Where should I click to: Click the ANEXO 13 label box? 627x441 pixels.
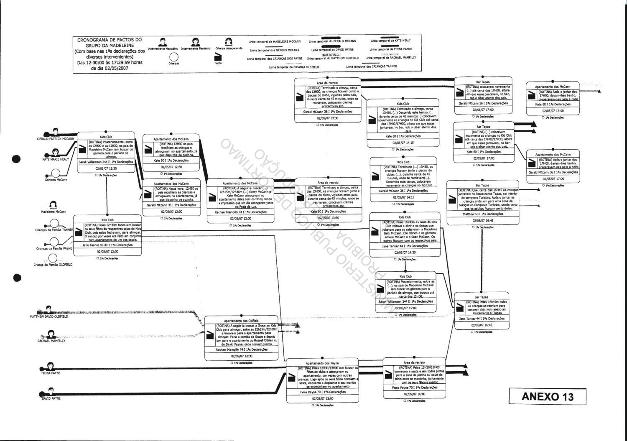[x=548, y=396]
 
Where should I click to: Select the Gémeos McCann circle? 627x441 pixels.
[x=55, y=173]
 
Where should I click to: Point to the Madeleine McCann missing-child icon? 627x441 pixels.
[x=53, y=205]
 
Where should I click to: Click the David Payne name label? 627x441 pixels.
[x=51, y=398]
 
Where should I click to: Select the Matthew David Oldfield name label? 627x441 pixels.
[x=49, y=316]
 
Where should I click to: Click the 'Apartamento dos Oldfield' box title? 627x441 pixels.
[x=242, y=320]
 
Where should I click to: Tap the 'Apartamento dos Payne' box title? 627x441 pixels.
[x=322, y=363]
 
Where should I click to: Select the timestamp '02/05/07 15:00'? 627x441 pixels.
[x=405, y=308]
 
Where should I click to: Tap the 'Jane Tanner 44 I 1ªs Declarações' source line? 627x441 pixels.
[x=482, y=319]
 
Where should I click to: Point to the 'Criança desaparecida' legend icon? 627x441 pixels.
[x=228, y=42]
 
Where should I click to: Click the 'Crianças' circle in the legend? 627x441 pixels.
[x=174, y=57]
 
